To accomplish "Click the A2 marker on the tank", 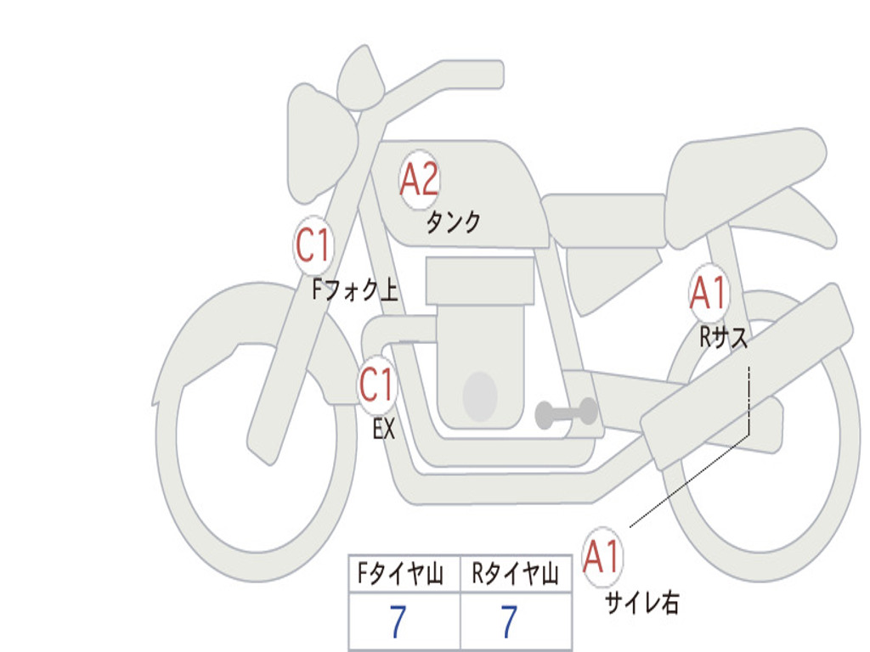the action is [419, 179].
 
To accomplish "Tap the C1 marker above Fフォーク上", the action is [313, 244].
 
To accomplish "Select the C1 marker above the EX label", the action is [376, 385].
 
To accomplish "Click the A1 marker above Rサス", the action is [708, 292].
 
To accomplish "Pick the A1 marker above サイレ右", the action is [602, 556].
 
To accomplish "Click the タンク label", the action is [453, 222].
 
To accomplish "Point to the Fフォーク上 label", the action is [355, 289].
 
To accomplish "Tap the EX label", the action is [383, 429].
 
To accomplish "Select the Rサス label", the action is [723, 336].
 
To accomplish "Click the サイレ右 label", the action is [642, 603].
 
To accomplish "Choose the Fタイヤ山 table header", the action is [400, 573].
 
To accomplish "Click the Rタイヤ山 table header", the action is [515, 573].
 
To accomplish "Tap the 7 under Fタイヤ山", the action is [398, 621].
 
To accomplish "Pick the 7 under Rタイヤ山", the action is [510, 621].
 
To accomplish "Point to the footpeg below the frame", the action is [566, 413].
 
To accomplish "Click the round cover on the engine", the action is [480, 396].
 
